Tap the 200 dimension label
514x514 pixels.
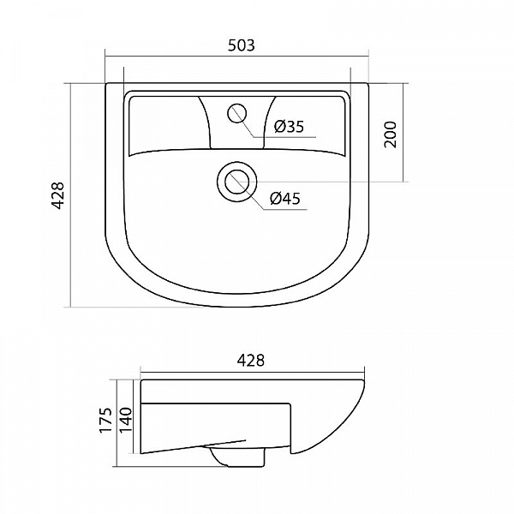[391, 134]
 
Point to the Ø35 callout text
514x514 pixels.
[289, 128]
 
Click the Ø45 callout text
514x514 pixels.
[284, 199]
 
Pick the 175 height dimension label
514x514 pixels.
[105, 421]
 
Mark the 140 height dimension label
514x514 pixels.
[126, 421]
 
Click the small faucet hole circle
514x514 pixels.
[236, 112]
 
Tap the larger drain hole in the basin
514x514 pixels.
[236, 181]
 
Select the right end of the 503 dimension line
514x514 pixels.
[369, 57]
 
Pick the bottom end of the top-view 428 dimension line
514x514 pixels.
[69, 307]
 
